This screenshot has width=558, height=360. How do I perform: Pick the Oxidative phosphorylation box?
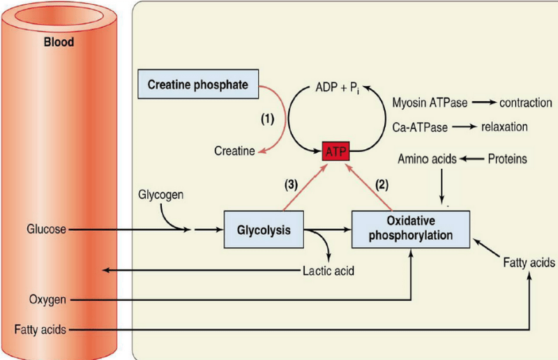click(x=412, y=229)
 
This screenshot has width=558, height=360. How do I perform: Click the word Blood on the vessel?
click(x=59, y=43)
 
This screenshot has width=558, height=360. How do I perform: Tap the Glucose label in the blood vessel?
click(x=47, y=229)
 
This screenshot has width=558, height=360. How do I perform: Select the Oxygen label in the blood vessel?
click(x=47, y=299)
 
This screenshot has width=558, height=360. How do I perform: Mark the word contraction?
click(x=522, y=103)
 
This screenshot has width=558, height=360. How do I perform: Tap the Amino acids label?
click(x=427, y=159)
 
